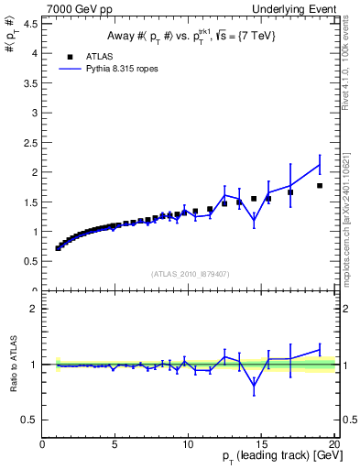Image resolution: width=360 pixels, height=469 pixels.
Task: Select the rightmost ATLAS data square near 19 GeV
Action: (x=320, y=186)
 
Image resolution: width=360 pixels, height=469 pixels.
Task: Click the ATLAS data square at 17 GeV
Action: (x=290, y=192)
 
